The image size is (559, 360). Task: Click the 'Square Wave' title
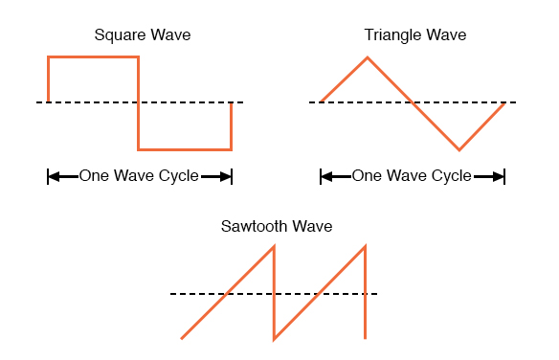tap(143, 35)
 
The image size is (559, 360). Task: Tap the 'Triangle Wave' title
tap(415, 35)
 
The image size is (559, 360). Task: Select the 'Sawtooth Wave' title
tap(277, 227)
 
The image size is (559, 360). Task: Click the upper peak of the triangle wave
tap(368, 57)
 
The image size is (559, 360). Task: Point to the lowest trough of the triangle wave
tap(459, 149)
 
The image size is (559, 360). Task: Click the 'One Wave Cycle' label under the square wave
tap(139, 176)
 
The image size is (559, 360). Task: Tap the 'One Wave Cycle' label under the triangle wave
tap(412, 176)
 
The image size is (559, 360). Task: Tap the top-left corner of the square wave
tap(48, 57)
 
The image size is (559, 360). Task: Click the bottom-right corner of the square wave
tap(231, 149)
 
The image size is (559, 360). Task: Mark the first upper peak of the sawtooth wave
tap(274, 247)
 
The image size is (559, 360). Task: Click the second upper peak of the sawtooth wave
tap(366, 247)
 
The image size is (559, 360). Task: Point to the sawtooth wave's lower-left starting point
tap(182, 338)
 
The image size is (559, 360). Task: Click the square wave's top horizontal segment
tap(93, 57)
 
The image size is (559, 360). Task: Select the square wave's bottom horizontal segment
tap(185, 149)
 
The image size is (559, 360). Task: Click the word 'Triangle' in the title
tap(394, 35)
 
